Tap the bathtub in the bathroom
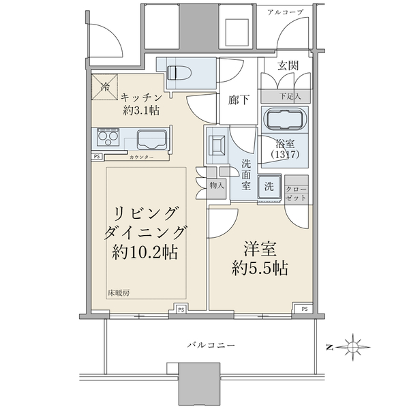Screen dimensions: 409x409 coord(285,120)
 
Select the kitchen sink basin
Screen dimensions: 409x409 coord(152,140)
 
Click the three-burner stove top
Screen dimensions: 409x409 coord(108,137)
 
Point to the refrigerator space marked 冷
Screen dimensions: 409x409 coord(104,87)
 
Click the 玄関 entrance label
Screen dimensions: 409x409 coord(288,65)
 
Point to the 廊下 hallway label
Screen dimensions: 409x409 coord(239,100)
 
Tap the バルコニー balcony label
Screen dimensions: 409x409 coord(211,346)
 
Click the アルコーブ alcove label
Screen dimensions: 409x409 coord(286,12)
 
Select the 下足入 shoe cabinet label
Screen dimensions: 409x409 coord(290,96)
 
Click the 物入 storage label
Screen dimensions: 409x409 coord(217,185)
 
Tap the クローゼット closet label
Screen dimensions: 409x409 coord(296,194)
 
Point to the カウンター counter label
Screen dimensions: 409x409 coord(141,157)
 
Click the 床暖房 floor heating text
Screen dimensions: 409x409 coord(119,293)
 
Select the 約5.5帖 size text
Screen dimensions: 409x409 coord(260,268)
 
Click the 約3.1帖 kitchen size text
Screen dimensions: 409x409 coord(141,110)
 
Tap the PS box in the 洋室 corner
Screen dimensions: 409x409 coord(304,309)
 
